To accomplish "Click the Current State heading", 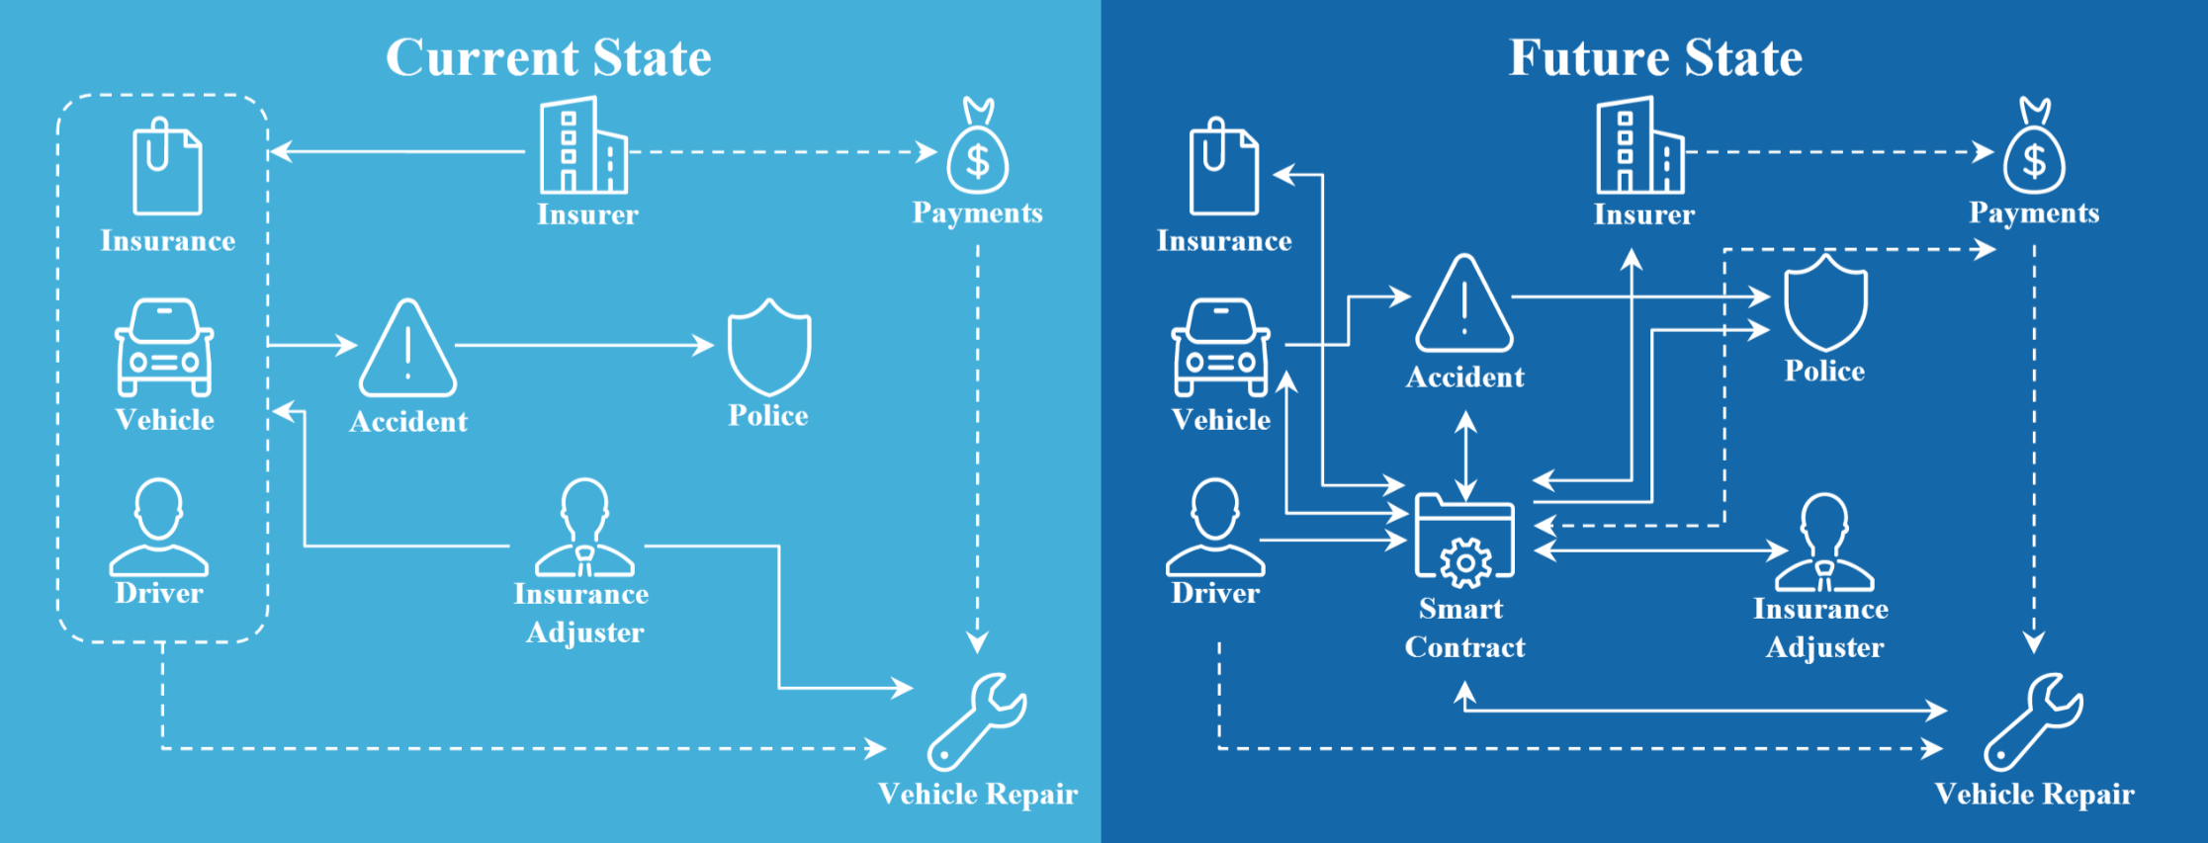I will (548, 57).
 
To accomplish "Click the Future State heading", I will (1655, 57).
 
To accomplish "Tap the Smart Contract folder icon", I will (1464, 539).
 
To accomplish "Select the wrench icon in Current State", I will (977, 721).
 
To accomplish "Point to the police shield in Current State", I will (769, 347).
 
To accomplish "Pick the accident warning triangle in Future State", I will (1464, 306).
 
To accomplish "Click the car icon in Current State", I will (164, 348).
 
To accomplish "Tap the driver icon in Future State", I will (1215, 528).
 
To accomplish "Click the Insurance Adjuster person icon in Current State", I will (584, 529).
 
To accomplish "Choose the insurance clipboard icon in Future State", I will (1223, 168).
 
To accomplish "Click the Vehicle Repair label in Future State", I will (2034, 795).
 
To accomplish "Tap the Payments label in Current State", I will (977, 212).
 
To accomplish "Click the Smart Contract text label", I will (1463, 629).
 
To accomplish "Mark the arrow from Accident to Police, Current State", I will (583, 345).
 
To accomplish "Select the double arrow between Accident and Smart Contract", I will (1465, 456).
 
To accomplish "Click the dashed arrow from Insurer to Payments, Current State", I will (781, 152).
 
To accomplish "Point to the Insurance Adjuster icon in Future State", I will (1824, 544).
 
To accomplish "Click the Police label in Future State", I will (1824, 371).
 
